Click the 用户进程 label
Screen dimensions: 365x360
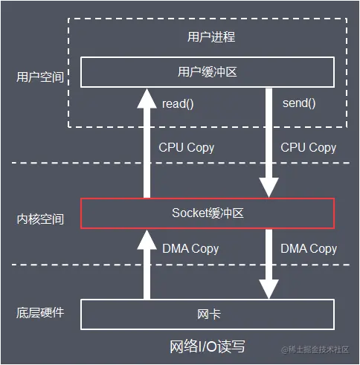208,36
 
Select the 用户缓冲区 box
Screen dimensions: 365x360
208,72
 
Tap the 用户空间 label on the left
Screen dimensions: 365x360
40,77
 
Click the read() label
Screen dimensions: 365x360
177,103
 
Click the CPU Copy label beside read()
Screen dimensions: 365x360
187,147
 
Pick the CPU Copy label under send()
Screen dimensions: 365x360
309,147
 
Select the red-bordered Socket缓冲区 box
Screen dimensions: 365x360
208,213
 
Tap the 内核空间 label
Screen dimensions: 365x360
40,219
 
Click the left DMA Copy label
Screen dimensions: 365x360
190,249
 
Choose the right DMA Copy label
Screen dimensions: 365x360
309,249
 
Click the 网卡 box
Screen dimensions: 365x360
208,314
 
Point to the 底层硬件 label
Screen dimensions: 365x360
40,312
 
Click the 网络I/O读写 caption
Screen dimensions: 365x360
208,346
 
